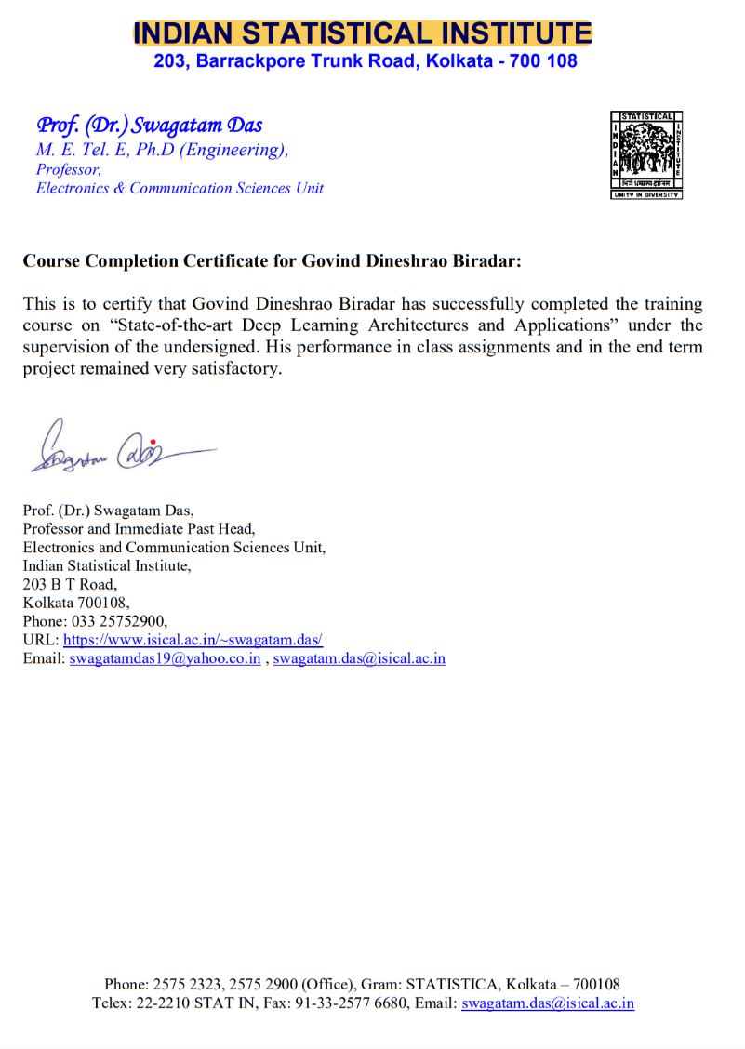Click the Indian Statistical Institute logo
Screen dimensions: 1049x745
646,154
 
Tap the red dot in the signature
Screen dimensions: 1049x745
153,441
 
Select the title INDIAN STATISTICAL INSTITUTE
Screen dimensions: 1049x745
363,34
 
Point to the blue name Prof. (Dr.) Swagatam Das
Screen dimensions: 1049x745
149,125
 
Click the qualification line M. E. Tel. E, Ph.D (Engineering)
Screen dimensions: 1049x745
162,150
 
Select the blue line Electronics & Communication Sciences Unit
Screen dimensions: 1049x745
180,188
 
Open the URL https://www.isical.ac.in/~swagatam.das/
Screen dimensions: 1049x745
193,641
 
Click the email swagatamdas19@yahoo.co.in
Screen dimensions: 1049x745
165,659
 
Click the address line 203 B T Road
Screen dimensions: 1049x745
70,584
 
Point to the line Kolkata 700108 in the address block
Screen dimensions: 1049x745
76,603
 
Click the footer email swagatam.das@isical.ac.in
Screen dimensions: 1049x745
548,1003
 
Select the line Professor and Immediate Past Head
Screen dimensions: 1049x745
132,528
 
